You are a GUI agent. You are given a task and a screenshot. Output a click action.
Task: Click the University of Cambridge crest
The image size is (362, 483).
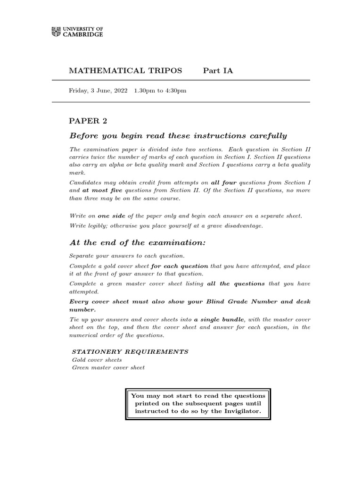click(56, 32)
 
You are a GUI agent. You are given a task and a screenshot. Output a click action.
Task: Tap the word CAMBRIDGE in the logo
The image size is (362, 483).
click(83, 35)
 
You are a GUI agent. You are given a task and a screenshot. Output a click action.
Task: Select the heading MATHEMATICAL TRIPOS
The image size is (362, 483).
click(125, 71)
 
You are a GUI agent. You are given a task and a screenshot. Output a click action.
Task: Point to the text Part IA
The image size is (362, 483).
click(218, 71)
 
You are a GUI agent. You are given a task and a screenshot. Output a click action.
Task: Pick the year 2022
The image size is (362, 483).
click(120, 91)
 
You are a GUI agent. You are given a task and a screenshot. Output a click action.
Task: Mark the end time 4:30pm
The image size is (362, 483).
click(175, 91)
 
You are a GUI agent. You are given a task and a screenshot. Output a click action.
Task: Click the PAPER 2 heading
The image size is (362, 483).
click(88, 121)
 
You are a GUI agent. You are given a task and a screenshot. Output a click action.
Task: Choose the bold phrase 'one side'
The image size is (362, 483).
click(111, 216)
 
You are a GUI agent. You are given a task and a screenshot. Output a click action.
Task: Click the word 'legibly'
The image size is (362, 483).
click(99, 225)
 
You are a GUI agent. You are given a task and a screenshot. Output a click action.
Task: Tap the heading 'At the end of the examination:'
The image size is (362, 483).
click(138, 243)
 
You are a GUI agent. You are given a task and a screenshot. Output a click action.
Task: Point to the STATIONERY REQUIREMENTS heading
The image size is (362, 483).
click(130, 352)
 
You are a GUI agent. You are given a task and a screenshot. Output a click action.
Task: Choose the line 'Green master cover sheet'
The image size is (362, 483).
click(108, 367)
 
